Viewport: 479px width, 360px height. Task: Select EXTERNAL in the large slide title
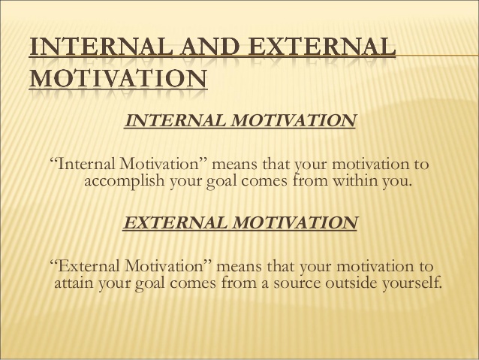click(322, 47)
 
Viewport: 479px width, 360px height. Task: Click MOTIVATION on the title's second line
click(119, 78)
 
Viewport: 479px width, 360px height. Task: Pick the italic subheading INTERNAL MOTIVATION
click(240, 120)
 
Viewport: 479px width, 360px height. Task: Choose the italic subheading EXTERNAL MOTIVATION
click(240, 222)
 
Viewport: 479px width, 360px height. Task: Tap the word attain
click(74, 283)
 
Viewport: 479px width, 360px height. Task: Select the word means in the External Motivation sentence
click(239, 268)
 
